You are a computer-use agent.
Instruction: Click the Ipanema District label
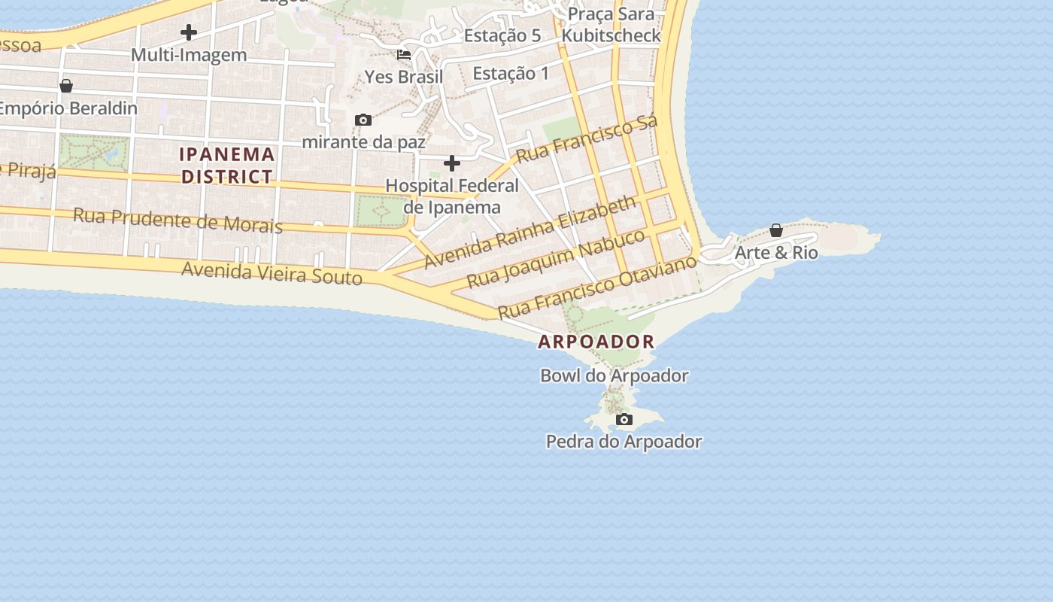[x=226, y=166]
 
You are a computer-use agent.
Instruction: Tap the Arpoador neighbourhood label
[x=596, y=342]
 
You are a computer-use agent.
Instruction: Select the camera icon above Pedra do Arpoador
[x=624, y=419]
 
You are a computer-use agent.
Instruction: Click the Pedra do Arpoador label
[x=624, y=442]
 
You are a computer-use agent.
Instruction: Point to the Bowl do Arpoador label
[x=614, y=375]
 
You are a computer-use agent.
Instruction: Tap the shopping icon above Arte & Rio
[x=775, y=230]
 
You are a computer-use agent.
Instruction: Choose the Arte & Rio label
[x=775, y=253]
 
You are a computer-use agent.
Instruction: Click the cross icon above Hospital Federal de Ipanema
[x=452, y=163]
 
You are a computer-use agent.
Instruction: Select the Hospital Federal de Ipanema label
[x=452, y=196]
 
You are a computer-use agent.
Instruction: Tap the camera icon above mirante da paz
[x=363, y=120]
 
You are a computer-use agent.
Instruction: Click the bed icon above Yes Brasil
[x=404, y=54]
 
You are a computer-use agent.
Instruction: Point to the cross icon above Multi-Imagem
[x=189, y=32]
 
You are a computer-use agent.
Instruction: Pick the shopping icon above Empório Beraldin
[x=66, y=86]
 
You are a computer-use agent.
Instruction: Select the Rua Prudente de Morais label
[x=178, y=220]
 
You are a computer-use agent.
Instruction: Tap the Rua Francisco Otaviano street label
[x=598, y=287]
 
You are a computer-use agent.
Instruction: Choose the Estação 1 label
[x=511, y=74]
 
